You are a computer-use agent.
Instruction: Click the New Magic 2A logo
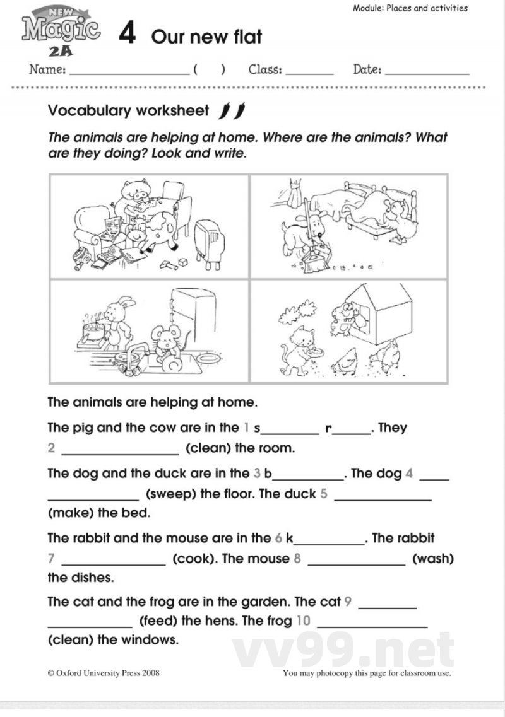point(61,31)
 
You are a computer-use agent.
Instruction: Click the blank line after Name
point(129,72)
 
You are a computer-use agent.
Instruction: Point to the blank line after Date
point(427,72)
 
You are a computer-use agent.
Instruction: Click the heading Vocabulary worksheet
point(128,111)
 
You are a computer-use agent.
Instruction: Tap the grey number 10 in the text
point(303,621)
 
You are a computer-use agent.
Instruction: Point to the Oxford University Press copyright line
point(104,673)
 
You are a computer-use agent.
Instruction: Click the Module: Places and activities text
point(410,8)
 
